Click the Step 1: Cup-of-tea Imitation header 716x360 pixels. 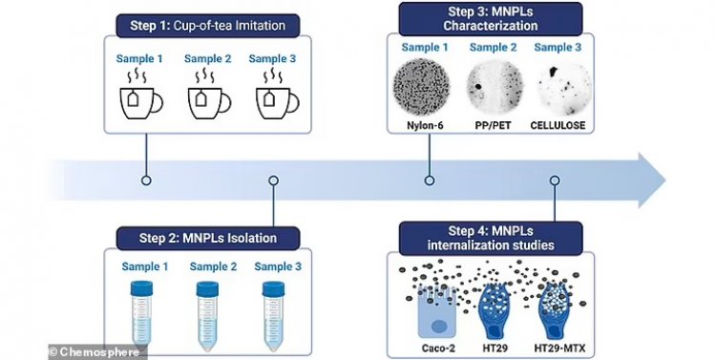coord(208,25)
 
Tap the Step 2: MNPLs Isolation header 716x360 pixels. coord(208,238)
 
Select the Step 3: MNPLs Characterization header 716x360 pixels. coord(491,19)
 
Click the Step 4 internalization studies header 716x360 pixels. coord(491,238)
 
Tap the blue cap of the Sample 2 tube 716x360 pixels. coord(207,288)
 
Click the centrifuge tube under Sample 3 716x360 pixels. coord(273,316)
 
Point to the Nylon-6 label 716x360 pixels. coord(425,125)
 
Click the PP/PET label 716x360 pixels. coord(494,125)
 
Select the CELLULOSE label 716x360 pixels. coord(558,125)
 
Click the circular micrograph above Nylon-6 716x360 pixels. coord(421,87)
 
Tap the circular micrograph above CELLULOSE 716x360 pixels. coord(564,89)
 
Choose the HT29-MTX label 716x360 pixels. coord(559,349)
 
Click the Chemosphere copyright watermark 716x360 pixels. coord(97,352)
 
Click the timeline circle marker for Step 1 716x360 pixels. coord(146,180)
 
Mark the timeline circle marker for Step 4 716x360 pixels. coord(555,180)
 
